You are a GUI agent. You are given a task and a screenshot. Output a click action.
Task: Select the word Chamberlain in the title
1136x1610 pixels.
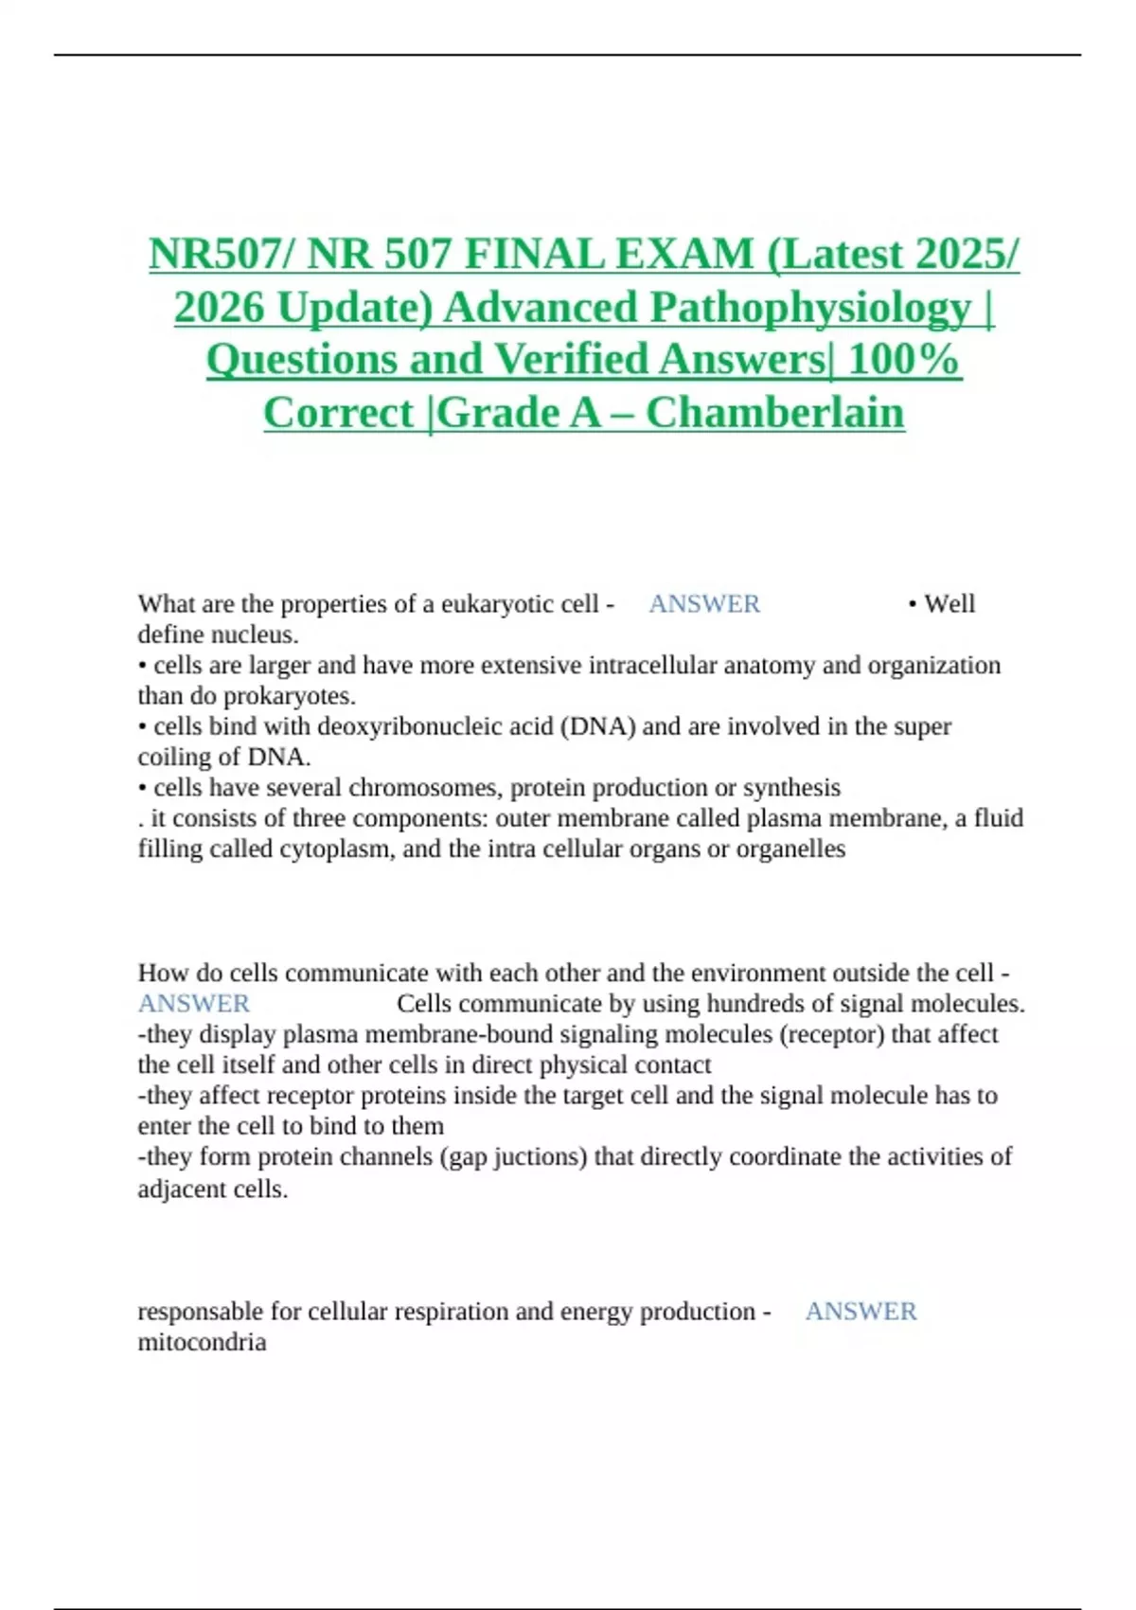[774, 413]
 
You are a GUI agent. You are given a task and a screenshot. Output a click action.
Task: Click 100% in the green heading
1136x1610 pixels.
[903, 360]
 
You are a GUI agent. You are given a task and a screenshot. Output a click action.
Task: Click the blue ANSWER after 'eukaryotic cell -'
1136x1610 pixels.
[704, 604]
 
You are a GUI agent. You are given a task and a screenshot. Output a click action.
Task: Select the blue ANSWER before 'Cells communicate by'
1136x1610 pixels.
[194, 1004]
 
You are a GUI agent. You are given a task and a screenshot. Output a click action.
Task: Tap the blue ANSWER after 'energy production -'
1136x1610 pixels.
[861, 1312]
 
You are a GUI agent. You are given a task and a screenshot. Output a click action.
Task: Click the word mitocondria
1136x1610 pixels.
[202, 1342]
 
